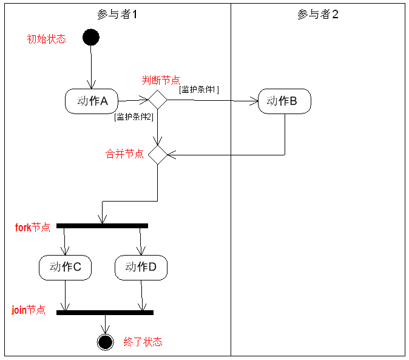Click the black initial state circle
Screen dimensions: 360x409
coord(90,38)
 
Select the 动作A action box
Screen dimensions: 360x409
coord(92,101)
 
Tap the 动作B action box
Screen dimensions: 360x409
coord(285,101)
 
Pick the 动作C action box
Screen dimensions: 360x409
coord(66,267)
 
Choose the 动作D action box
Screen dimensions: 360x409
coord(141,267)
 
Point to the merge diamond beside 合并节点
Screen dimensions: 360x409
coord(157,154)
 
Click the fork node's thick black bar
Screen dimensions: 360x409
coord(102,226)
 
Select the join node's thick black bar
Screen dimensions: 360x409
coord(105,313)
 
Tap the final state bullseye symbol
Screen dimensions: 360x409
coord(106,342)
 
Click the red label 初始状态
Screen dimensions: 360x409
coord(46,39)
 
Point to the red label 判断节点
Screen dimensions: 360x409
coord(161,80)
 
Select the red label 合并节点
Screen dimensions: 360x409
coord(125,154)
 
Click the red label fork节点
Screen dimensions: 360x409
coord(33,228)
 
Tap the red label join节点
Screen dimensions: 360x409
coord(29,310)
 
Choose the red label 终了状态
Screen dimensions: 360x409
coord(143,342)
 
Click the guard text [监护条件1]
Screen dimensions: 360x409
coord(200,89)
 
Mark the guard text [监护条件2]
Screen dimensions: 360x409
coord(134,117)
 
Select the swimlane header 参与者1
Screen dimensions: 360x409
coord(117,14)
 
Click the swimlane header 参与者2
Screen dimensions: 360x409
coord(318,14)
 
